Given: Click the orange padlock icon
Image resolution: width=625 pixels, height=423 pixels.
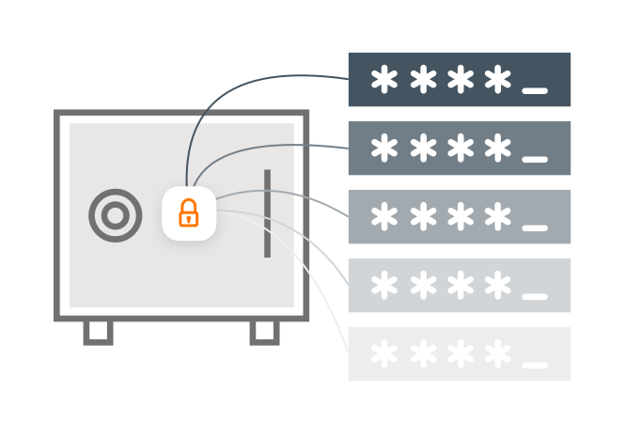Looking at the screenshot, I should click(x=189, y=212).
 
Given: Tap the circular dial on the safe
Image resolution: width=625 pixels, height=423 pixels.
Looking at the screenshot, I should click(x=115, y=215).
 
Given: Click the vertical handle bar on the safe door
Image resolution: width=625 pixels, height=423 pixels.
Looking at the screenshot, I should click(x=267, y=213).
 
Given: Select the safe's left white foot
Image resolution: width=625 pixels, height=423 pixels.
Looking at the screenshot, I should click(x=98, y=330).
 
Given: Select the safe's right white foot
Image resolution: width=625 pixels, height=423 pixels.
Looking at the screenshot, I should click(x=264, y=330).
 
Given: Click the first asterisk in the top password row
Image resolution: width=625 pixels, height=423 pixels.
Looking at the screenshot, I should click(x=384, y=81).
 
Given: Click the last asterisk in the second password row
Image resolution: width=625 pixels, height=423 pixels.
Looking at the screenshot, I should click(x=497, y=148).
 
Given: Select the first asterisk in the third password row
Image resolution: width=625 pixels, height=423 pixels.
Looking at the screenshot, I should click(x=384, y=216).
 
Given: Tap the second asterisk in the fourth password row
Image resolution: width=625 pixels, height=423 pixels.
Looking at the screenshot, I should click(x=422, y=284).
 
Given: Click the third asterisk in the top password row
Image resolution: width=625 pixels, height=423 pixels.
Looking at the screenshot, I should click(x=460, y=81).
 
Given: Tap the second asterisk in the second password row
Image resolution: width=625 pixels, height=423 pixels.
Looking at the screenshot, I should click(x=422, y=148).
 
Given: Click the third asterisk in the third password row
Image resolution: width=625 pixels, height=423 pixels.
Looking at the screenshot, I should click(x=460, y=216).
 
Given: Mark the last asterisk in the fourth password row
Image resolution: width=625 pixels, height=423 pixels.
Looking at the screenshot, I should click(x=497, y=284).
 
